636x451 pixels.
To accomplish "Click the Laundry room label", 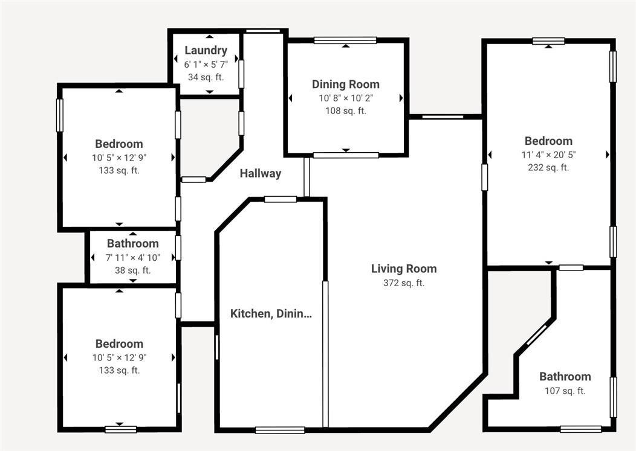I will (x=206, y=51).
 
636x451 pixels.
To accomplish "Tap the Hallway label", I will (x=261, y=174).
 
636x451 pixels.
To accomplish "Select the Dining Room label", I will (x=346, y=85).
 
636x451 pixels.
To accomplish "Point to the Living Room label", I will (x=404, y=269).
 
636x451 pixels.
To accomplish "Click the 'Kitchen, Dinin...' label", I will (x=271, y=313).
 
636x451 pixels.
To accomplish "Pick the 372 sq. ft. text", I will (x=404, y=283).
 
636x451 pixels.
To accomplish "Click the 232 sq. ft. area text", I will (x=548, y=168).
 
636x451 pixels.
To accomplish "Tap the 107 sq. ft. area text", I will (x=565, y=391).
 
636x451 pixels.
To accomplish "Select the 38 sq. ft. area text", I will (x=133, y=270).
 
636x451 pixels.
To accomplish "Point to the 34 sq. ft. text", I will (x=206, y=77).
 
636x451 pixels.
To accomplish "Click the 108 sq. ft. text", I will (x=346, y=110).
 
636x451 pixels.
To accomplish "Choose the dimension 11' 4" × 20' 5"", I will (x=548, y=155).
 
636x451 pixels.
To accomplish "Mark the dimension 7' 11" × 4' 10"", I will (x=133, y=257).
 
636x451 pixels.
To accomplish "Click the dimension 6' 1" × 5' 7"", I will (x=206, y=64).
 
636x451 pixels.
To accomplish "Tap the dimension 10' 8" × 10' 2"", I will (x=346, y=98).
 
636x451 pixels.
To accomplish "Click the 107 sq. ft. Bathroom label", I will (x=565, y=377).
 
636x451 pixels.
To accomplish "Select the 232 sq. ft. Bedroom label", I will (x=548, y=141).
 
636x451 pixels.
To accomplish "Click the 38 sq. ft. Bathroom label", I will (x=133, y=244).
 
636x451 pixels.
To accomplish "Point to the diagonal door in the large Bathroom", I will (x=536, y=335).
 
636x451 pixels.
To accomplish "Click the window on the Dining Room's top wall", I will (x=345, y=40).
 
